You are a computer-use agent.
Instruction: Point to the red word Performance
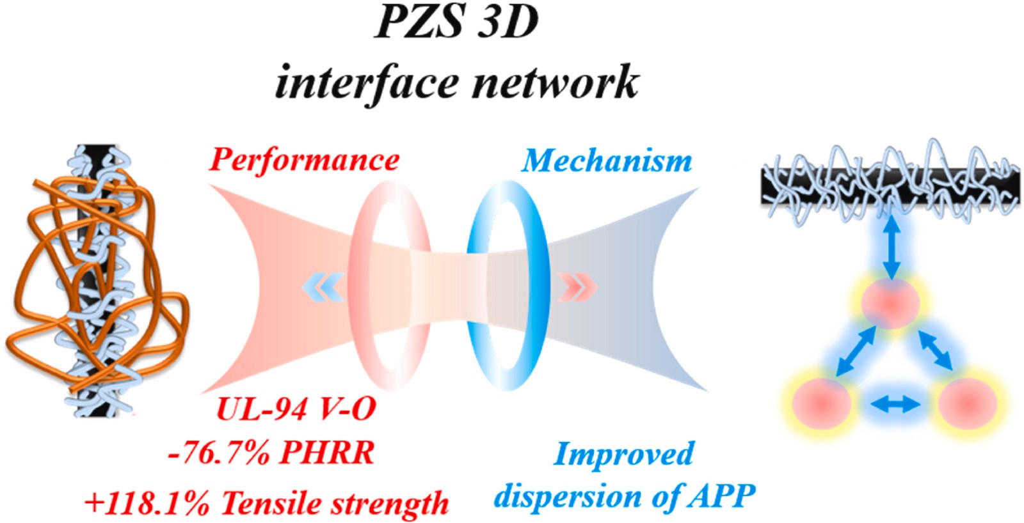click(304, 160)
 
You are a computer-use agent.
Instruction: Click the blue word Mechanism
click(607, 160)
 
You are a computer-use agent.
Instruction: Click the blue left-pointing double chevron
click(323, 287)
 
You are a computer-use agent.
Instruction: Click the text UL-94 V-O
click(296, 408)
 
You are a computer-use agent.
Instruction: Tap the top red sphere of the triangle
click(890, 303)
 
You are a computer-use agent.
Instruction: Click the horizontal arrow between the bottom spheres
click(895, 404)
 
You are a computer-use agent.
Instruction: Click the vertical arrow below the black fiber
click(892, 247)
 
